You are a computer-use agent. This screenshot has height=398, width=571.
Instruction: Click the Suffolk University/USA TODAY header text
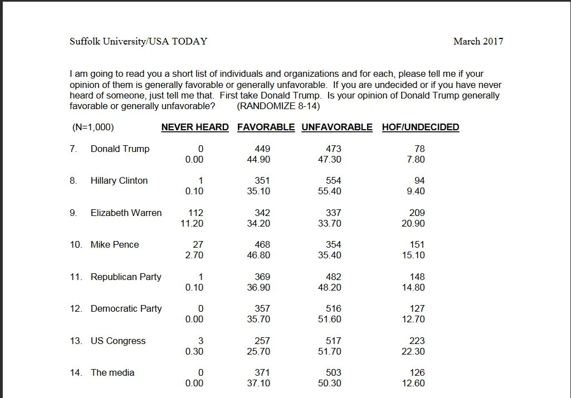[138, 41]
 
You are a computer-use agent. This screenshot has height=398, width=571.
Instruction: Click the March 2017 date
[478, 41]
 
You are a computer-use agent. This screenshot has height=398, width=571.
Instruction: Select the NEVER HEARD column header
[195, 127]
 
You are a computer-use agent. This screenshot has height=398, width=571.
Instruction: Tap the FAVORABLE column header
[266, 127]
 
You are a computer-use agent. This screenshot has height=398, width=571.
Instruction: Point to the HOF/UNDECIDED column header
[420, 127]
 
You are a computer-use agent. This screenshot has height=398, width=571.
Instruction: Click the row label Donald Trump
[120, 149]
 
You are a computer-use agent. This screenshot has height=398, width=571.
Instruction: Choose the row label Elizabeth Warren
[126, 213]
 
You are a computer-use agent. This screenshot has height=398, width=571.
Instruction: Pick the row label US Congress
[118, 341]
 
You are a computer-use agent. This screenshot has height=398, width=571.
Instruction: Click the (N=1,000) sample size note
[93, 127]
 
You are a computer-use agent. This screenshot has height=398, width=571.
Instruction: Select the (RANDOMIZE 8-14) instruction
[279, 106]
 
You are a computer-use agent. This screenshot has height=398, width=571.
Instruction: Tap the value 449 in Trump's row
[262, 149]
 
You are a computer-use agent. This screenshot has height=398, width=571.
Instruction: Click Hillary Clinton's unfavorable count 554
[334, 180]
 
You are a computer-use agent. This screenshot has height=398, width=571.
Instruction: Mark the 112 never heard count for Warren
[196, 213]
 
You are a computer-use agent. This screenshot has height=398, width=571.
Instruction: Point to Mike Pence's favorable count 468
[262, 244]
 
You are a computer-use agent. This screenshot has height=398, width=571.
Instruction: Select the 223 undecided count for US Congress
[417, 341]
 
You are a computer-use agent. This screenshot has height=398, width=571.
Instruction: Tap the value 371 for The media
[262, 372]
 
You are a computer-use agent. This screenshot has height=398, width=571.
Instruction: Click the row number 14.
[76, 372]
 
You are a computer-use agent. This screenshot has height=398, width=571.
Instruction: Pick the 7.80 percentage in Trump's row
[416, 159]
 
